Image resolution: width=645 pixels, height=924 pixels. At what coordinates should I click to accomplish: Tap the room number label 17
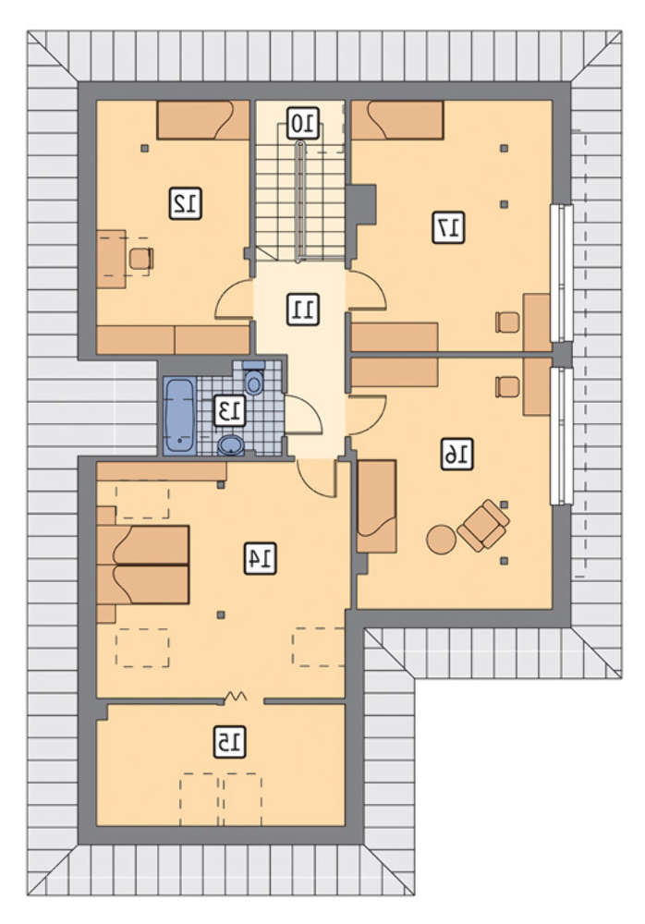point(449,227)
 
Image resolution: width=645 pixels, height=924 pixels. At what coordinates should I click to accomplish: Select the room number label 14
point(260,558)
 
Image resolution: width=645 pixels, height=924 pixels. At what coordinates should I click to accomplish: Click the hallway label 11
point(303,310)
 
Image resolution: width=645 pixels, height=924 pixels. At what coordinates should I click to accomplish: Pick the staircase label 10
point(304,123)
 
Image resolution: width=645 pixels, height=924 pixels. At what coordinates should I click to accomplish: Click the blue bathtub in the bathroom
point(179,416)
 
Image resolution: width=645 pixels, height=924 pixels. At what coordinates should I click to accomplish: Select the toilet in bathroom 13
point(254,379)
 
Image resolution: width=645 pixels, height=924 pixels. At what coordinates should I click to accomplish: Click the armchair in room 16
point(483,525)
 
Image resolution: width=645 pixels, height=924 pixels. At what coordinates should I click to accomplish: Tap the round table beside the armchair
point(441,539)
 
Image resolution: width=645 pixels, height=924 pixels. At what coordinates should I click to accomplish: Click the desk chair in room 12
point(141,258)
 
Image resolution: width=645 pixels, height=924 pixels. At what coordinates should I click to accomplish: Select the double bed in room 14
point(142,565)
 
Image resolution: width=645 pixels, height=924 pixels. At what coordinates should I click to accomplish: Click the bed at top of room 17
point(396,120)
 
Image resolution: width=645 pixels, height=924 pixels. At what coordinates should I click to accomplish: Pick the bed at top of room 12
point(202,120)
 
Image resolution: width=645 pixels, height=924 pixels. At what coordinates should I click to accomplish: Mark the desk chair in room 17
point(508,322)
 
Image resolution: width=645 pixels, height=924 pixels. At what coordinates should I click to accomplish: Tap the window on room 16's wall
point(561,436)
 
